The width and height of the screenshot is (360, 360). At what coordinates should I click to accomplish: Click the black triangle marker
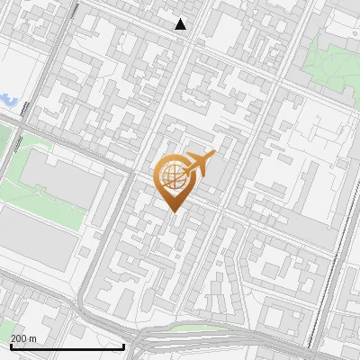(x=181, y=24)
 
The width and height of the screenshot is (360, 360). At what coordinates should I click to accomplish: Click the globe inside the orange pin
(x=173, y=177)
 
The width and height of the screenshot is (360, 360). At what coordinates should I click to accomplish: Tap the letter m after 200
(x=32, y=338)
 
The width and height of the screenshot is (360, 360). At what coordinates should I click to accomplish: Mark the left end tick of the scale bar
(x=10, y=345)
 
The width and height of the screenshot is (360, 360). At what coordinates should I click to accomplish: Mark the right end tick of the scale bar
(x=122, y=345)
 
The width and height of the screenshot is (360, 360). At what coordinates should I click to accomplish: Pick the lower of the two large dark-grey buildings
(x=36, y=239)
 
